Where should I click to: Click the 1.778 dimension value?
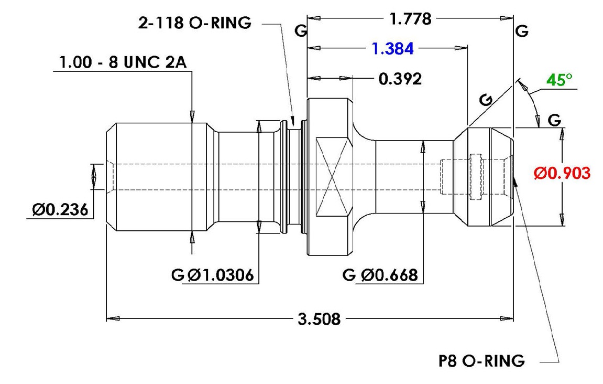click(410, 18)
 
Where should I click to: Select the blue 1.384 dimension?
click(392, 49)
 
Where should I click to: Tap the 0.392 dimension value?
click(400, 79)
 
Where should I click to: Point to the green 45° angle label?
click(559, 80)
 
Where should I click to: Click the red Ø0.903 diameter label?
click(562, 173)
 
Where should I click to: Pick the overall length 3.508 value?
click(319, 319)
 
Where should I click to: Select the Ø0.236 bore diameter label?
click(60, 210)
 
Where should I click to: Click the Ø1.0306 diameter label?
click(221, 275)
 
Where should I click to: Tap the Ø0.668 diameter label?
click(389, 275)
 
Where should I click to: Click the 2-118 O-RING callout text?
click(194, 23)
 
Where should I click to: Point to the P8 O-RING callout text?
click(481, 361)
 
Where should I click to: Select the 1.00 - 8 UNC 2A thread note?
click(123, 62)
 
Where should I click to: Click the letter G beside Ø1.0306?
click(178, 275)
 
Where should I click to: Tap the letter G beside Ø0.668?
click(349, 275)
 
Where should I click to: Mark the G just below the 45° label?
click(554, 120)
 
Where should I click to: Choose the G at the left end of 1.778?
click(301, 30)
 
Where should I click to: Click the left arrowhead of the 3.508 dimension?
click(112, 319)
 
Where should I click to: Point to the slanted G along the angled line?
click(486, 100)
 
